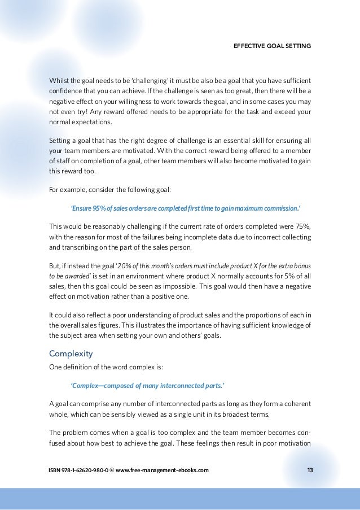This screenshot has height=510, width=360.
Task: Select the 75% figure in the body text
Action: (x=302, y=226)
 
